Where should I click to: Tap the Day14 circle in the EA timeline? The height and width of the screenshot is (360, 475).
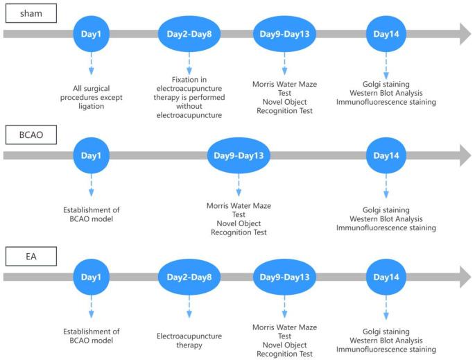(x=386, y=277)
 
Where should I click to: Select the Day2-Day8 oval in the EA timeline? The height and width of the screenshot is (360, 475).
(x=189, y=277)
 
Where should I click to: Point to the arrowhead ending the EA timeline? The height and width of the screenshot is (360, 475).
(x=463, y=277)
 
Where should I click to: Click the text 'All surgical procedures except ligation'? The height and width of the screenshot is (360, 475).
(x=92, y=92)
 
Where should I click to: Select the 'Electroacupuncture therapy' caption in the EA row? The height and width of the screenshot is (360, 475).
(x=189, y=340)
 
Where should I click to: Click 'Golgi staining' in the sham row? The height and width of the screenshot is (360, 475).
(x=386, y=84)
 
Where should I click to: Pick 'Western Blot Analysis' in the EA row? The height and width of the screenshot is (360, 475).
(x=386, y=341)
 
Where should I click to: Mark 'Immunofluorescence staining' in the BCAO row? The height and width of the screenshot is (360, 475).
(x=386, y=227)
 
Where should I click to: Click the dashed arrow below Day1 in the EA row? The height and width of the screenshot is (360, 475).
(x=92, y=308)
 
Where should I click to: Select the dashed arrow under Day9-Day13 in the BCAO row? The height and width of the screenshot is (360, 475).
(x=239, y=186)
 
